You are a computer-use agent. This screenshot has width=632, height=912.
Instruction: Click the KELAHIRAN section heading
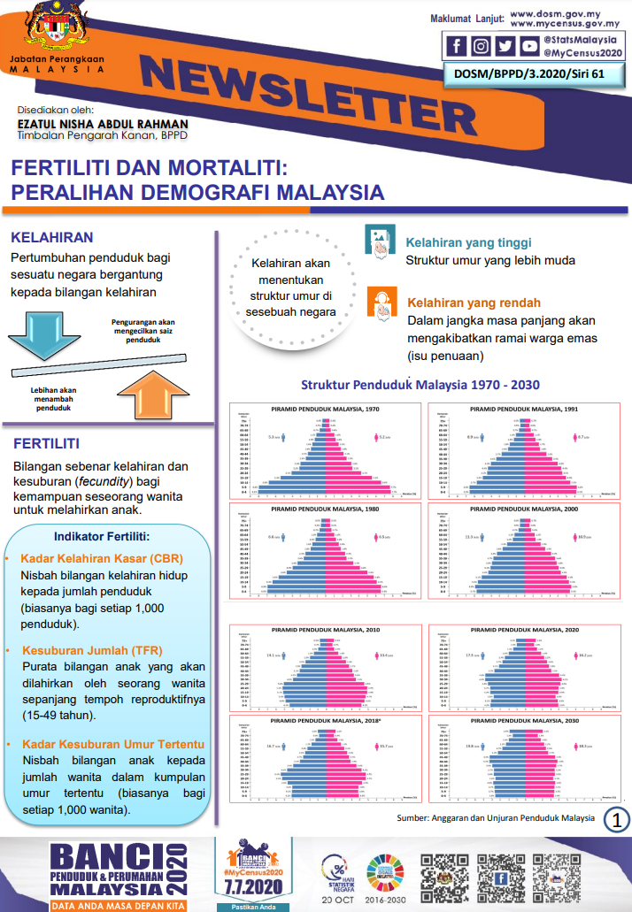(x=52, y=238)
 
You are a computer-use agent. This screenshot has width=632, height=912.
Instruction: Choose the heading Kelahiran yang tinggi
(x=468, y=242)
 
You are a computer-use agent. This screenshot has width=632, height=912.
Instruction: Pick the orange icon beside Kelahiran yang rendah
(x=381, y=303)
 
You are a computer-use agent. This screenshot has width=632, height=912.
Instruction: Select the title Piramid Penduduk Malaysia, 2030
(x=522, y=721)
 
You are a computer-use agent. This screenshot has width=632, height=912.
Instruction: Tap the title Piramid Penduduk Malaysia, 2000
(x=522, y=510)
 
